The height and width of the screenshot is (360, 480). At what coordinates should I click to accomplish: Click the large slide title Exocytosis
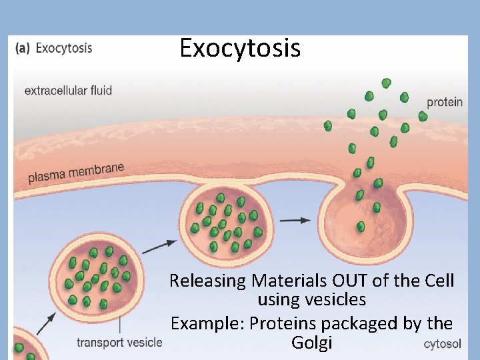pos(240,48)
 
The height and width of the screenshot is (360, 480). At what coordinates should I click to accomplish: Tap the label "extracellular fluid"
pos(68,90)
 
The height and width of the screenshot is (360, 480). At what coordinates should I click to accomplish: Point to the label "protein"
pos(444,102)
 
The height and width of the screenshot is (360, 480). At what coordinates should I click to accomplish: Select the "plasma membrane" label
pos(76,173)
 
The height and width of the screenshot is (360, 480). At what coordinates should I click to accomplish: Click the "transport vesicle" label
pos(119,343)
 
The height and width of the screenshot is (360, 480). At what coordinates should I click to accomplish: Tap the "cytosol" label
pos(442,344)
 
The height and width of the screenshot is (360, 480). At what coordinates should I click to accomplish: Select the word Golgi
pos(311,343)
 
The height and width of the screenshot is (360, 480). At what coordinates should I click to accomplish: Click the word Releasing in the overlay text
pos(207,281)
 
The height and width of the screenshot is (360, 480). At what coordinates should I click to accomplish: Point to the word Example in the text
pos(207,324)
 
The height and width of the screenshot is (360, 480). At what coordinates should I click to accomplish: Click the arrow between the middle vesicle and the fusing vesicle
pos(295,220)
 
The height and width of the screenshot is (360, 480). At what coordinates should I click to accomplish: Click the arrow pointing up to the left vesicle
pos(46,323)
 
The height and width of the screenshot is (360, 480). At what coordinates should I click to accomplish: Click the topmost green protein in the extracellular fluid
pos(386,83)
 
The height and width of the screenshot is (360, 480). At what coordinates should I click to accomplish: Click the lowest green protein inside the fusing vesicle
pos(361,227)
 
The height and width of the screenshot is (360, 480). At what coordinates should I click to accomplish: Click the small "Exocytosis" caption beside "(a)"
pos(64,49)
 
